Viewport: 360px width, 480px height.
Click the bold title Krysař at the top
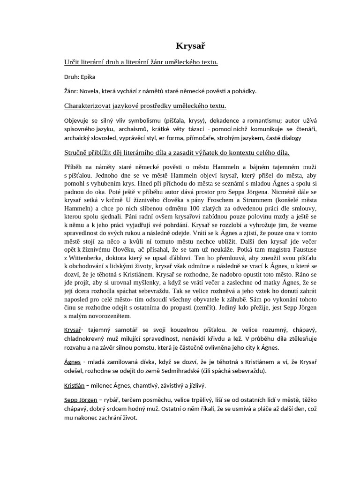pyautogui.click(x=190, y=45)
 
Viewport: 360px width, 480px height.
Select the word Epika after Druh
pyautogui.click(x=88, y=77)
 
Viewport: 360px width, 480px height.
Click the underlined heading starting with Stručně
pyautogui.click(x=177, y=152)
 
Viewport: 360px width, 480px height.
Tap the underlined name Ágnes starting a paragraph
pyautogui.click(x=72, y=362)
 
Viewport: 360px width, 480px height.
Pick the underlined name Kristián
pyautogui.click(x=75, y=385)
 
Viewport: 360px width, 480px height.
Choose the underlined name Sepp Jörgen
pyautogui.click(x=81, y=400)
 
